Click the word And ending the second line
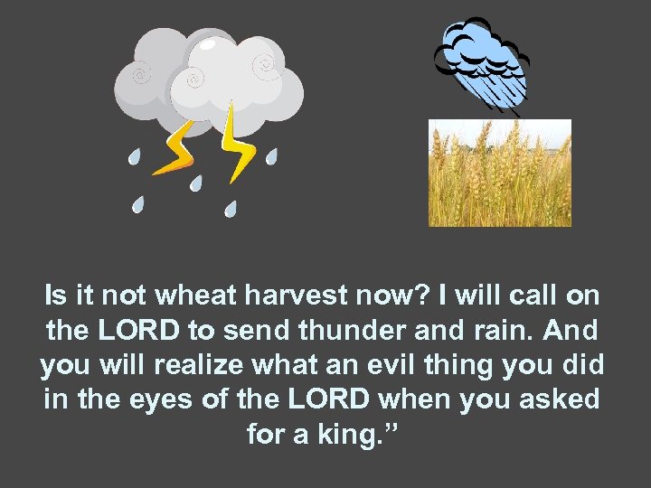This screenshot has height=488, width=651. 574,331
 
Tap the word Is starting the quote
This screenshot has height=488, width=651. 55,296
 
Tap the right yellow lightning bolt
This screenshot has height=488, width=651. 237,140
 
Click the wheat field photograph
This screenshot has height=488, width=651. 499,173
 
